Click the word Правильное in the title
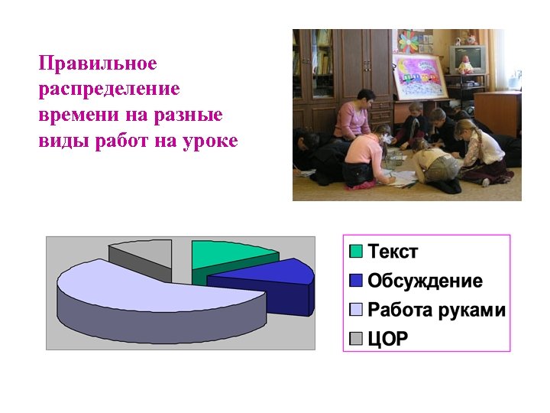click(x=97, y=63)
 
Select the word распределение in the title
click(x=109, y=89)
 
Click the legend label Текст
click(x=393, y=251)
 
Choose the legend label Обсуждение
click(x=425, y=281)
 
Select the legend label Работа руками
click(x=436, y=310)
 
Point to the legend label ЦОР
click(x=389, y=339)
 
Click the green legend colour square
click(x=356, y=251)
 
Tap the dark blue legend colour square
click(x=356, y=280)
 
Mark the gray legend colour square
click(x=356, y=338)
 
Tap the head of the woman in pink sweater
click(x=366, y=99)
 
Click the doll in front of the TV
click(x=465, y=64)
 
